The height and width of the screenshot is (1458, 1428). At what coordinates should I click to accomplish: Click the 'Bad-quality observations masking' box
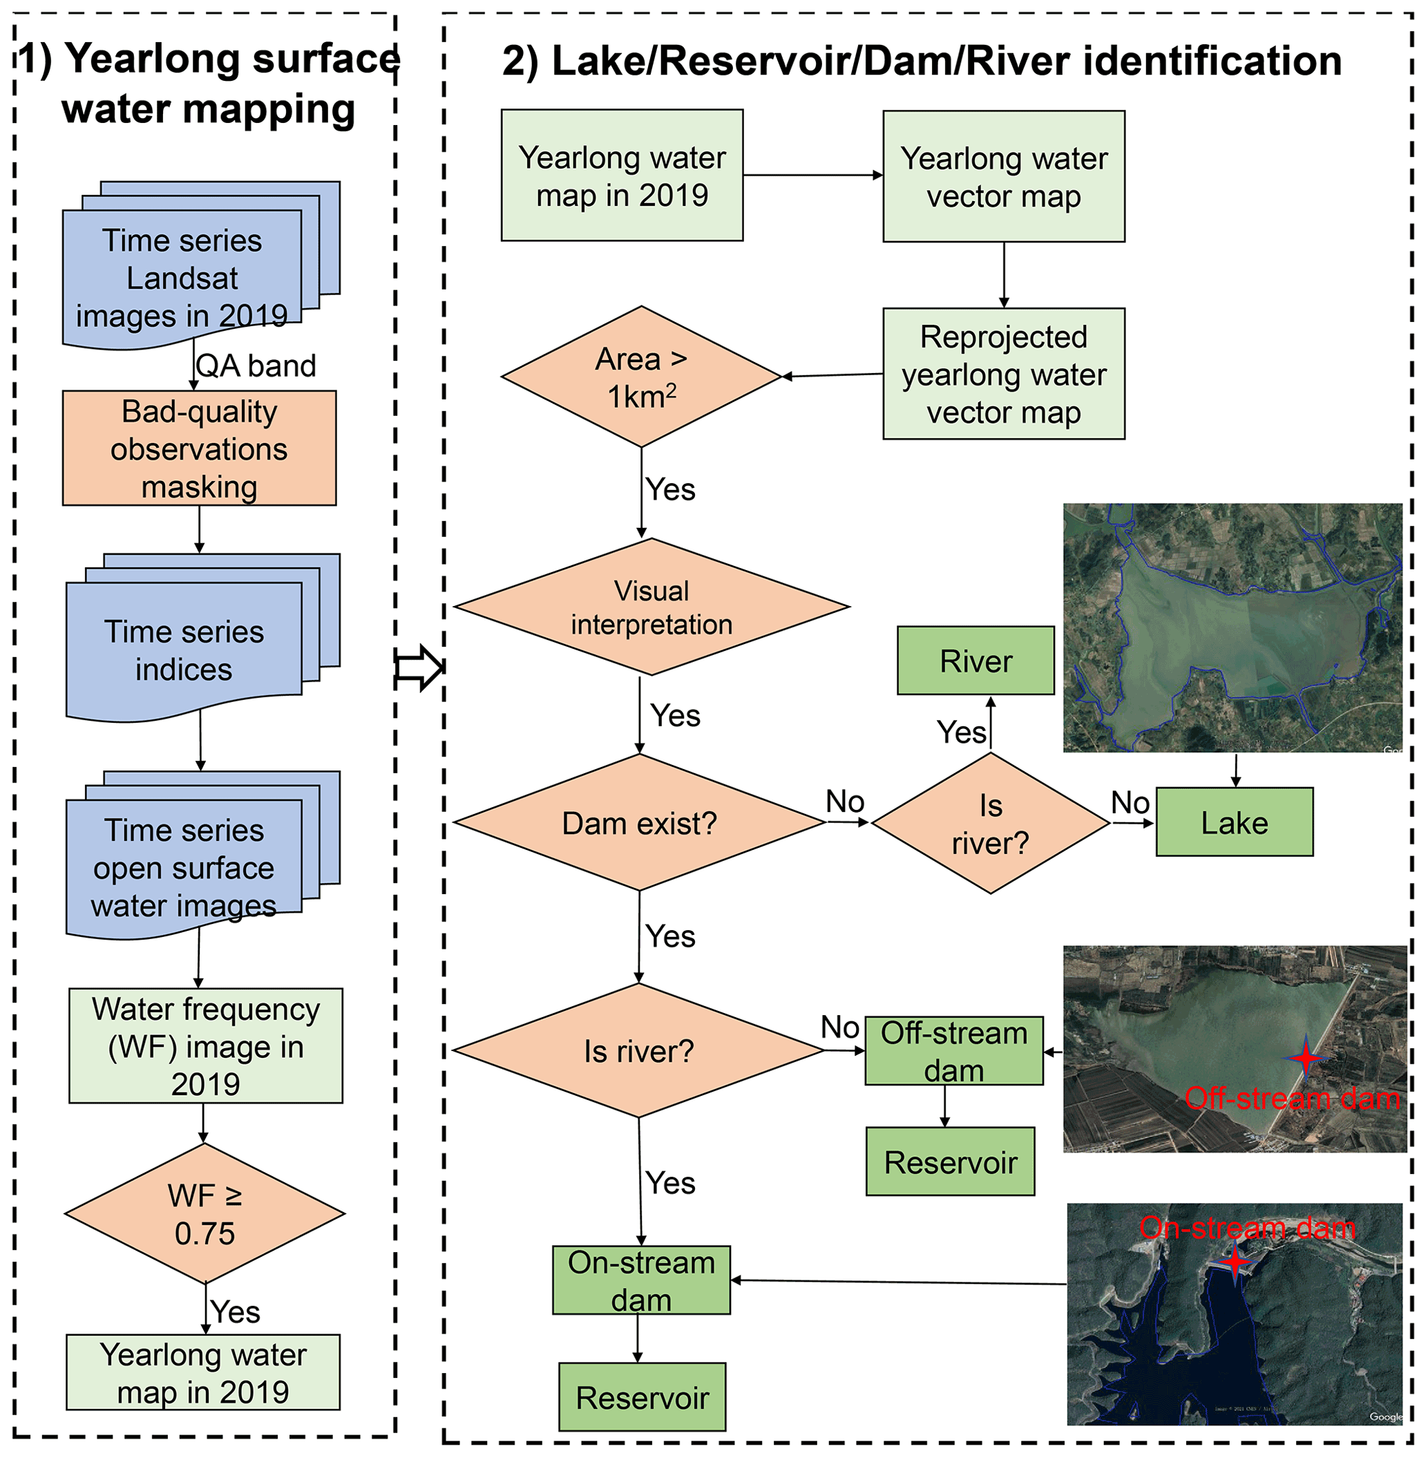click(199, 448)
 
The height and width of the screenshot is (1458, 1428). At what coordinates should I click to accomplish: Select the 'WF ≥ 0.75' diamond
click(204, 1213)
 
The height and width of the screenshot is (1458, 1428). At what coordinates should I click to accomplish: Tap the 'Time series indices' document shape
click(184, 650)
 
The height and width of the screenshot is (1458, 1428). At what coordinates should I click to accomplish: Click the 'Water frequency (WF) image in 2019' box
click(205, 1045)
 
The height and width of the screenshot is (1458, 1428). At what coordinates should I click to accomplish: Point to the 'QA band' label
click(256, 366)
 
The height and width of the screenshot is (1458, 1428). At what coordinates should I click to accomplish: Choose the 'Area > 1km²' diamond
click(641, 377)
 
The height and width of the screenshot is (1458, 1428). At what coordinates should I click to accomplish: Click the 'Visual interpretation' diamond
click(651, 607)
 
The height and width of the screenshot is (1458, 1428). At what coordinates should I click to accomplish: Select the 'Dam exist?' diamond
click(639, 823)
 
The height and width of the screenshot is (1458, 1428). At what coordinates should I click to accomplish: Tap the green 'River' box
click(975, 661)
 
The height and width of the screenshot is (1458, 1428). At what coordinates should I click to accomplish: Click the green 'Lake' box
click(1234, 822)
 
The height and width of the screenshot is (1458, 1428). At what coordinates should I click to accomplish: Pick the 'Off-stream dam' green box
click(953, 1051)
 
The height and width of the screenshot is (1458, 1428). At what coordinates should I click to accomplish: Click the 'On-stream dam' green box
click(641, 1280)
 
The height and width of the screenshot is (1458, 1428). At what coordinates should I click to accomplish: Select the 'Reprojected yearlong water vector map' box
click(1004, 374)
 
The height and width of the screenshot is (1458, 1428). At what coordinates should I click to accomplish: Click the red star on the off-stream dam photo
click(1306, 1057)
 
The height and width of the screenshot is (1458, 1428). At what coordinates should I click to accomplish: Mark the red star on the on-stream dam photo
click(1235, 1262)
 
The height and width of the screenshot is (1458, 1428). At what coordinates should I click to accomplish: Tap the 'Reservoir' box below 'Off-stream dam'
click(950, 1162)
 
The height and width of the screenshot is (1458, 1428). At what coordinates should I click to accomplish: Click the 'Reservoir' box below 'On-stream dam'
click(642, 1397)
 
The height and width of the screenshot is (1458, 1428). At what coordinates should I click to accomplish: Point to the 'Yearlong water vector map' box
click(1004, 177)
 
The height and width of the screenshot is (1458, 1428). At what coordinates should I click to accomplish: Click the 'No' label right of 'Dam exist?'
click(844, 801)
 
